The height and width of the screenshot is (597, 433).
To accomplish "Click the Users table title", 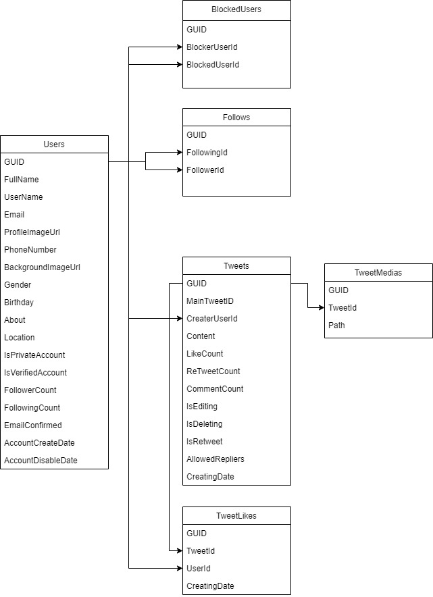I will [x=54, y=145].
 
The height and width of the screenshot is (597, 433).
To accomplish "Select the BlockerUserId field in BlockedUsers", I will [x=212, y=47].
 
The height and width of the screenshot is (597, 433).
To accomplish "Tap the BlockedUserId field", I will [x=213, y=65].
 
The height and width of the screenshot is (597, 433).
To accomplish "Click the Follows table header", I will [x=236, y=118].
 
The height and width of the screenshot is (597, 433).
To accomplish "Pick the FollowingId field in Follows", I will [x=207, y=153].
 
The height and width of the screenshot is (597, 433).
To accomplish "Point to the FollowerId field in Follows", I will [x=205, y=170].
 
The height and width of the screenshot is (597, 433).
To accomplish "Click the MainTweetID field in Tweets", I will [x=210, y=301].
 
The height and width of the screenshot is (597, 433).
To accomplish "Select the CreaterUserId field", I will [x=212, y=319].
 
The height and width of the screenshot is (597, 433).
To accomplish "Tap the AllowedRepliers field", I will [x=215, y=459].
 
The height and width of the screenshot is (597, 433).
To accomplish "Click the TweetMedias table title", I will [x=378, y=273].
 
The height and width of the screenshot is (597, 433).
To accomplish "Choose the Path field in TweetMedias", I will [x=336, y=326].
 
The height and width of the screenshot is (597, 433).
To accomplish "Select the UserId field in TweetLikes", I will [x=198, y=569].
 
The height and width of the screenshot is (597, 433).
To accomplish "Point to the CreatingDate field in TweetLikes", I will [x=210, y=586].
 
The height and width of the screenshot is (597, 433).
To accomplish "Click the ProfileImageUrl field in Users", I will [x=32, y=232].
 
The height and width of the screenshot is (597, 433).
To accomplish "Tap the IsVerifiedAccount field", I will [x=35, y=373].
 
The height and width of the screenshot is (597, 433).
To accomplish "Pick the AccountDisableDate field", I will [x=41, y=461].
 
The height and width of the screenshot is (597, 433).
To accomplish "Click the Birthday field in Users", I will [x=19, y=303].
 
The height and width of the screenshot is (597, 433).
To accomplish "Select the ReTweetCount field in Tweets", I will [x=213, y=371].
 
